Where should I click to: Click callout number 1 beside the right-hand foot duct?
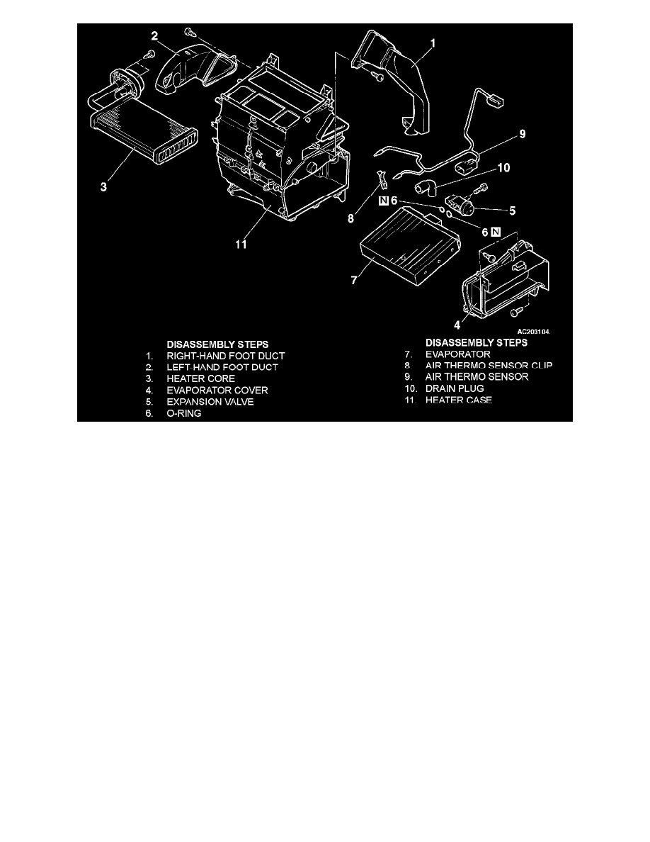pos(433,43)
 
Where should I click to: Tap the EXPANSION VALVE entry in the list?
pos(209,401)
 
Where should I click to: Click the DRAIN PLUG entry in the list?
pos(455,389)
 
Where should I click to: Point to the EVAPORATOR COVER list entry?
pos(212,390)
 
